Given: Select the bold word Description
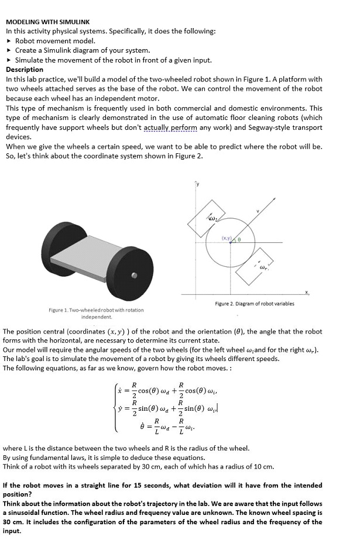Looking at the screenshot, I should pos(25,69).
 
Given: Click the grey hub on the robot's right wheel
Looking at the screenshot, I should pos(135,275).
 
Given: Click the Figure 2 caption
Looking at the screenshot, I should pos(255,304).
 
